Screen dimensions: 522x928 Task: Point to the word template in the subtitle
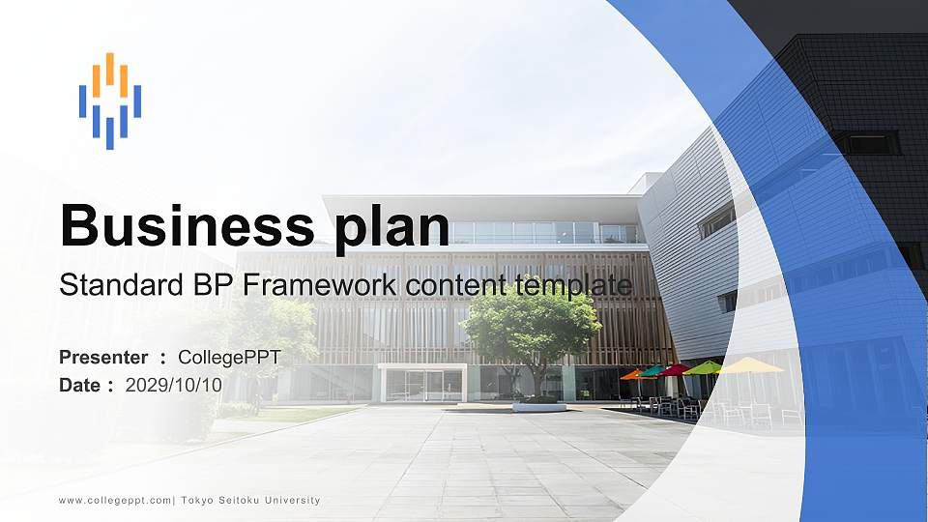tap(574, 285)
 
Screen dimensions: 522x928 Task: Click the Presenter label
tap(103, 358)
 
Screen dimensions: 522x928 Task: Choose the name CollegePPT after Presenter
tap(229, 358)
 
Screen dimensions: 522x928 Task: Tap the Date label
tap(80, 385)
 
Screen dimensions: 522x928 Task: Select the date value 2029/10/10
tap(174, 385)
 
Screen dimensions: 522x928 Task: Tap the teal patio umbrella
tap(652, 370)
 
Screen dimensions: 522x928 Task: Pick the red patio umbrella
tap(674, 369)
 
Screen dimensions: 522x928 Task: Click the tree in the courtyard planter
tap(531, 329)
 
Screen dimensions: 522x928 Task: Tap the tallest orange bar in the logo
tap(110, 70)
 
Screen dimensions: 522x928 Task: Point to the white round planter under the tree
tap(538, 407)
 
